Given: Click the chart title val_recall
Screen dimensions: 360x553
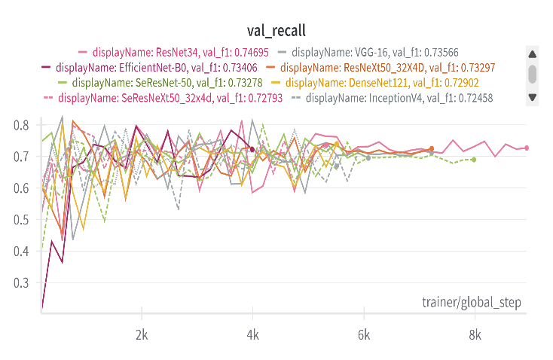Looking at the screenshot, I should coord(276,30).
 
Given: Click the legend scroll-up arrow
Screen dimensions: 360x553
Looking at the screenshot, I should coord(533,53).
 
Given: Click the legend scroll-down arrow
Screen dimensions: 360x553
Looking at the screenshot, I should coord(533,97).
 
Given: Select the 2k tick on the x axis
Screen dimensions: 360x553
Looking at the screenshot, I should coord(141,334).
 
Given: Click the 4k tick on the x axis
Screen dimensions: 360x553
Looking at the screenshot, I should coord(253,334).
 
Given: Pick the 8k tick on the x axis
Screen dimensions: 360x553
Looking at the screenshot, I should coord(475,334).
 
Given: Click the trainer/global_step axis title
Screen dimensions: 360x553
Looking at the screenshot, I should coord(472,303).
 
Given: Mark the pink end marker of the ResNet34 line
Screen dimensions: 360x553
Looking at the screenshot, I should coord(527,148).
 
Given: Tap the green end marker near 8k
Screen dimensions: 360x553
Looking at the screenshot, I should coord(473,160).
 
